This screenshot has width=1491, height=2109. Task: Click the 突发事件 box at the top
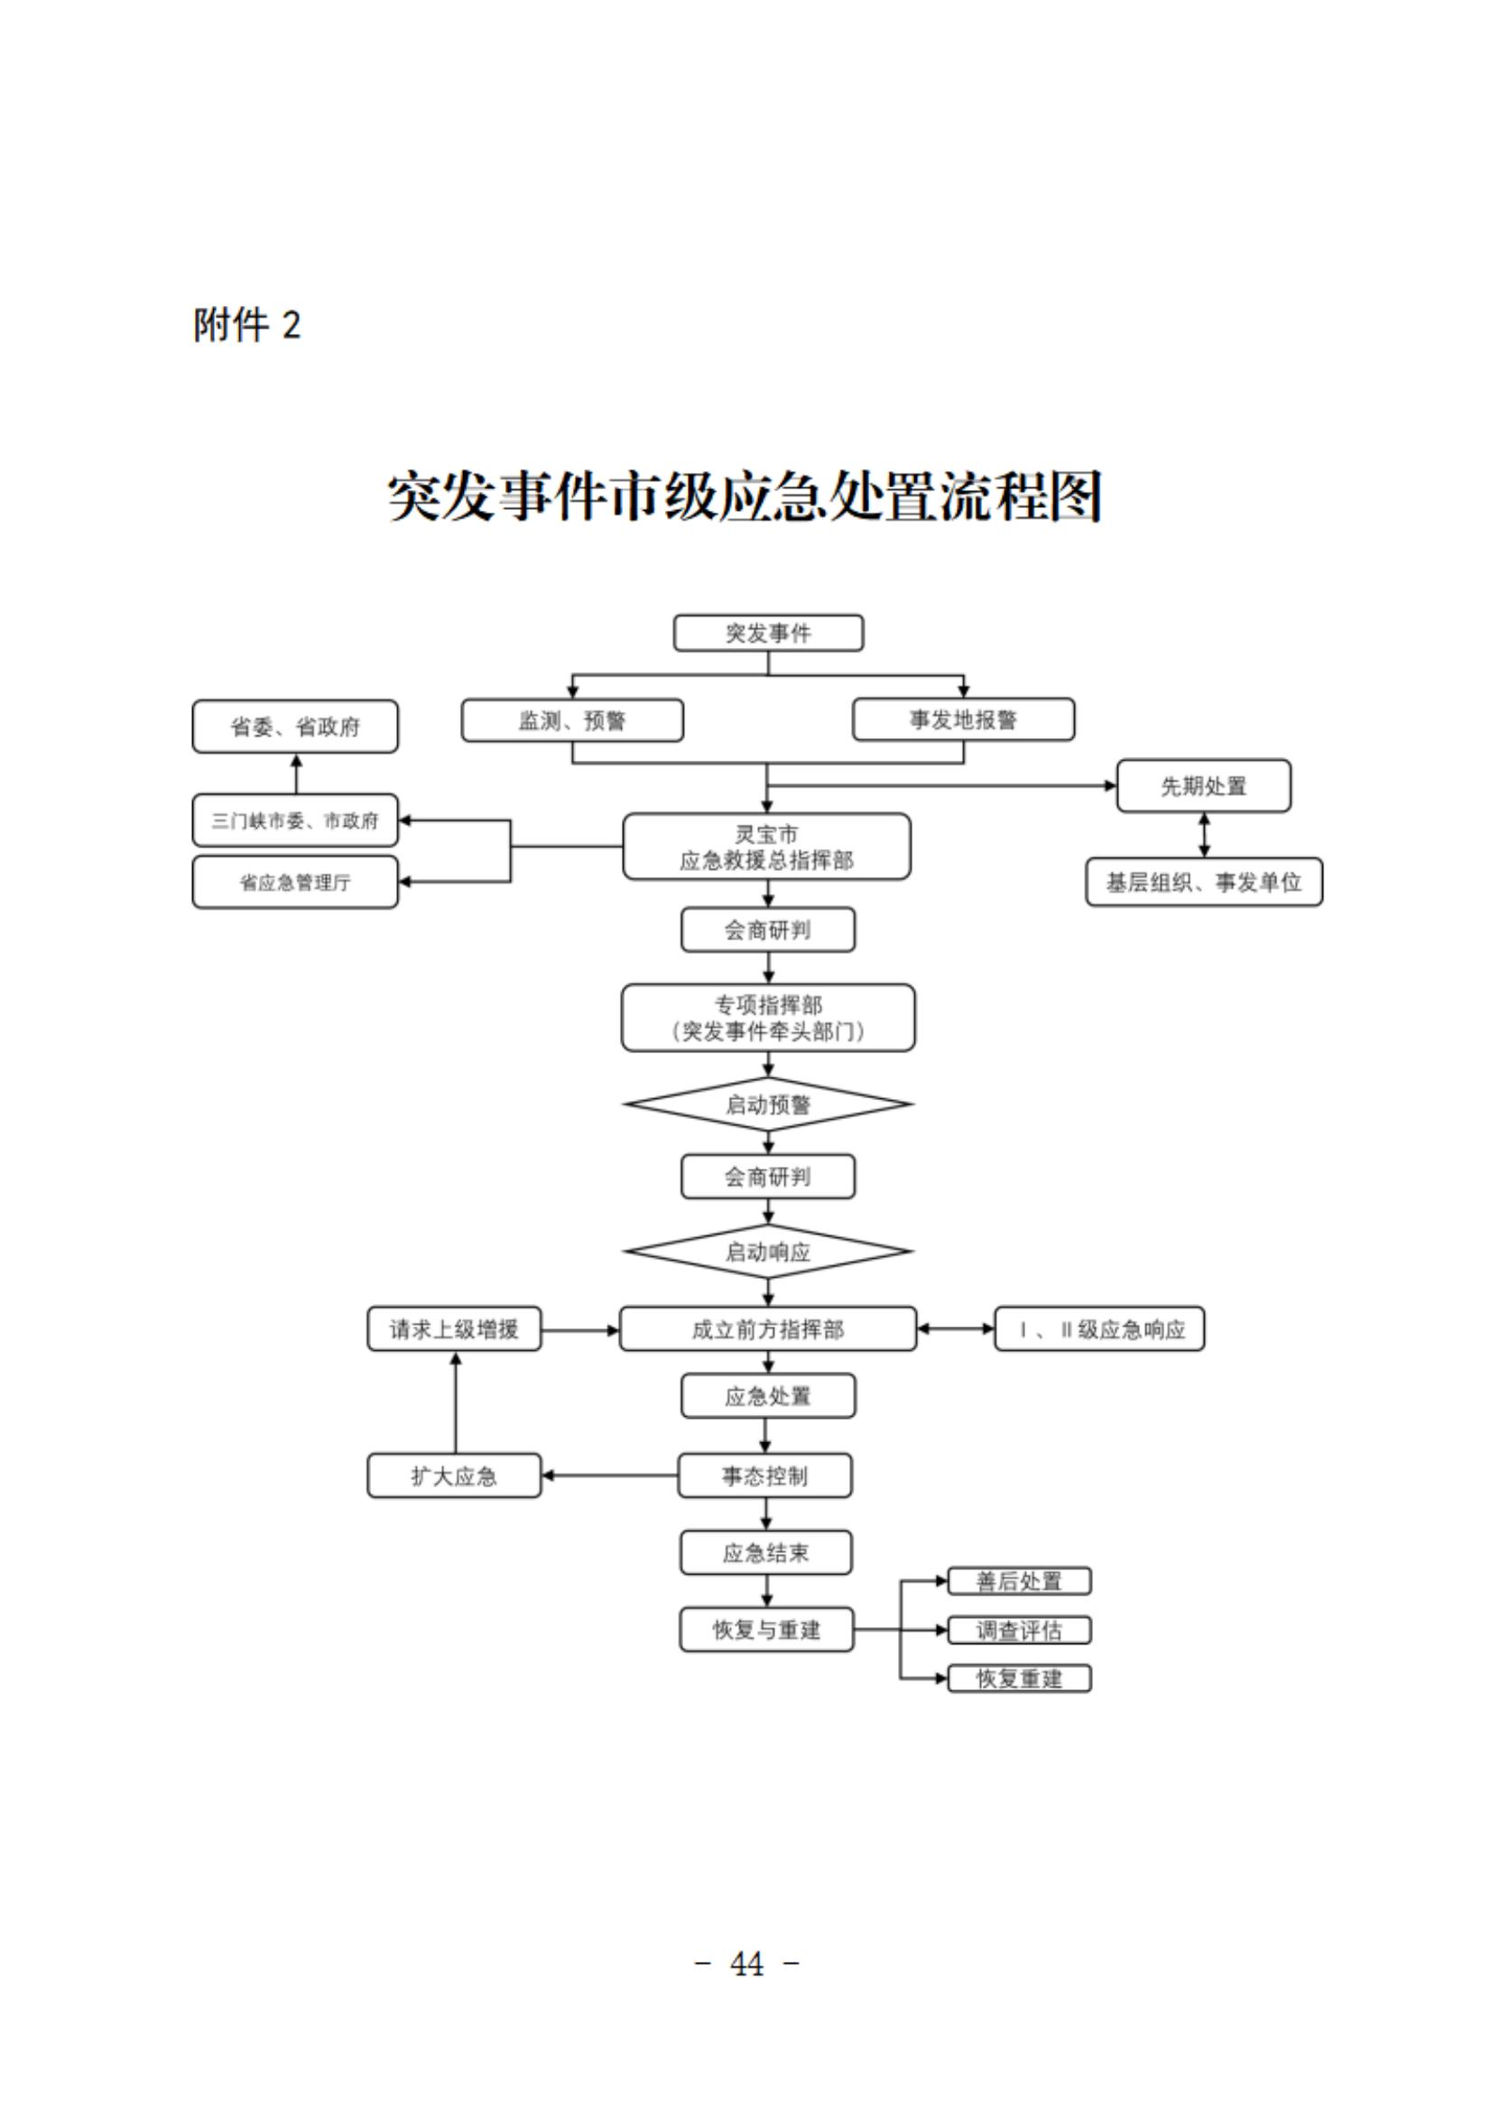(x=768, y=633)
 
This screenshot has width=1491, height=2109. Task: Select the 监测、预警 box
(x=571, y=720)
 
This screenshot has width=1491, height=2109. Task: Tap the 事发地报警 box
(x=963, y=720)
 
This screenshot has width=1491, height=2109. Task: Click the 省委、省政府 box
(x=295, y=726)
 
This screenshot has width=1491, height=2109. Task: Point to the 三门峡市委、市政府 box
(x=295, y=820)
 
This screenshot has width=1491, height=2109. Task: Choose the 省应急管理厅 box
(x=295, y=882)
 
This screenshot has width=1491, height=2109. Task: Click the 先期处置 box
(x=1203, y=785)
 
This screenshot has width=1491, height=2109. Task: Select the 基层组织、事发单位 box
(x=1203, y=882)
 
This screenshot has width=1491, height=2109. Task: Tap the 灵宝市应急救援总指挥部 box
(x=766, y=846)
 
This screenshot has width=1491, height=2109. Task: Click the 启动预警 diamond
(x=768, y=1104)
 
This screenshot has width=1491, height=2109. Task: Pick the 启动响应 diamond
(x=768, y=1251)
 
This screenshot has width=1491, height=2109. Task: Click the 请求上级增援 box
(x=454, y=1328)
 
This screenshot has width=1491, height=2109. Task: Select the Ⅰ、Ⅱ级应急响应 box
(x=1098, y=1328)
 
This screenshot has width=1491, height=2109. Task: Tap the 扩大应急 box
(x=454, y=1476)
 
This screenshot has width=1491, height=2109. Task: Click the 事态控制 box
(x=764, y=1476)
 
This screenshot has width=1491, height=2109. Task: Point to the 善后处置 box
(x=1019, y=1581)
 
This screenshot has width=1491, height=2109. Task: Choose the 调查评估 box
(x=1019, y=1631)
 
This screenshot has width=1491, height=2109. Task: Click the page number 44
(x=746, y=1964)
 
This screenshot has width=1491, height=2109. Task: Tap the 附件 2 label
(x=246, y=325)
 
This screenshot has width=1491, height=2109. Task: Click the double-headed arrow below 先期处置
(x=1203, y=835)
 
